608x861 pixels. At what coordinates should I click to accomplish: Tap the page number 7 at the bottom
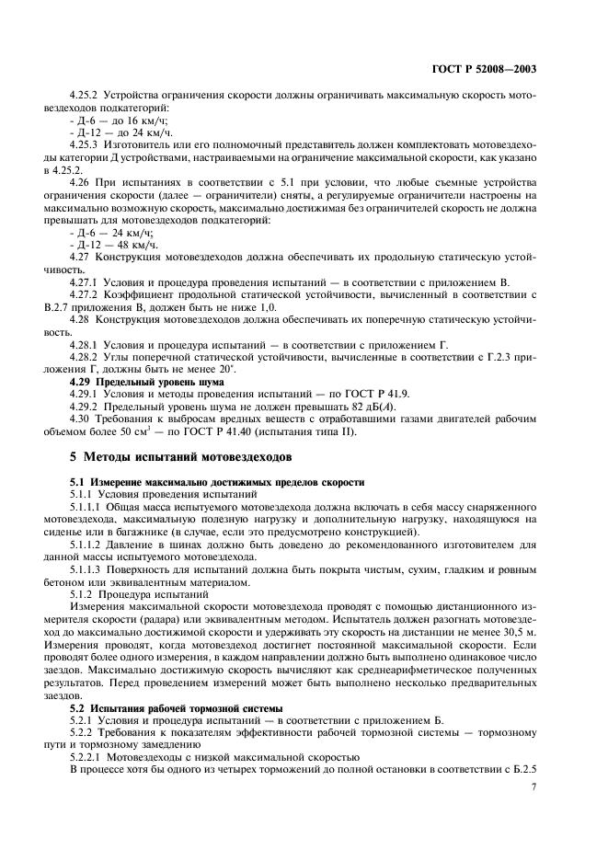coord(534,786)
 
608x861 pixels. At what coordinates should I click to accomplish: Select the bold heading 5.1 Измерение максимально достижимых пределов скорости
coord(217,481)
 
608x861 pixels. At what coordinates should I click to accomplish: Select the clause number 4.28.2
coord(86,356)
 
